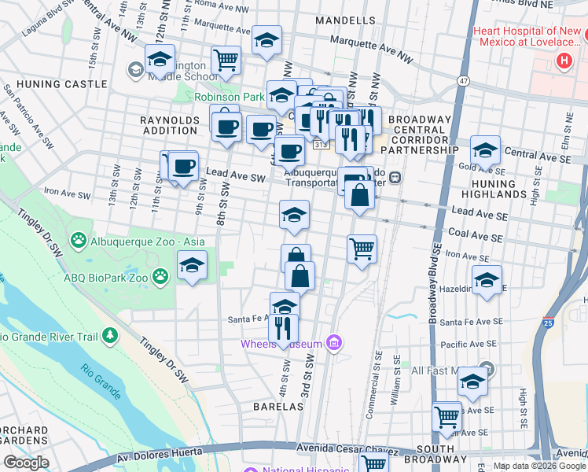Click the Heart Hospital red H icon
pos(563,61)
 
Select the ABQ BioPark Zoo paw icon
pos(160,275)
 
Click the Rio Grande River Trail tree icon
pos(109,337)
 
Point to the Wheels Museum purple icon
pos(335,343)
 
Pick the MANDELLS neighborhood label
pos(344,19)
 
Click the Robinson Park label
pos(219,97)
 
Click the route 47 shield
pos(464,80)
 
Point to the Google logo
pos(26,463)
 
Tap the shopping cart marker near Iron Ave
pos(362,249)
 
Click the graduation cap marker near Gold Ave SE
pos(485,150)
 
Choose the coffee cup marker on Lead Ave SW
pos(183,166)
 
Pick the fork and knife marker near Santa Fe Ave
pos(284,326)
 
